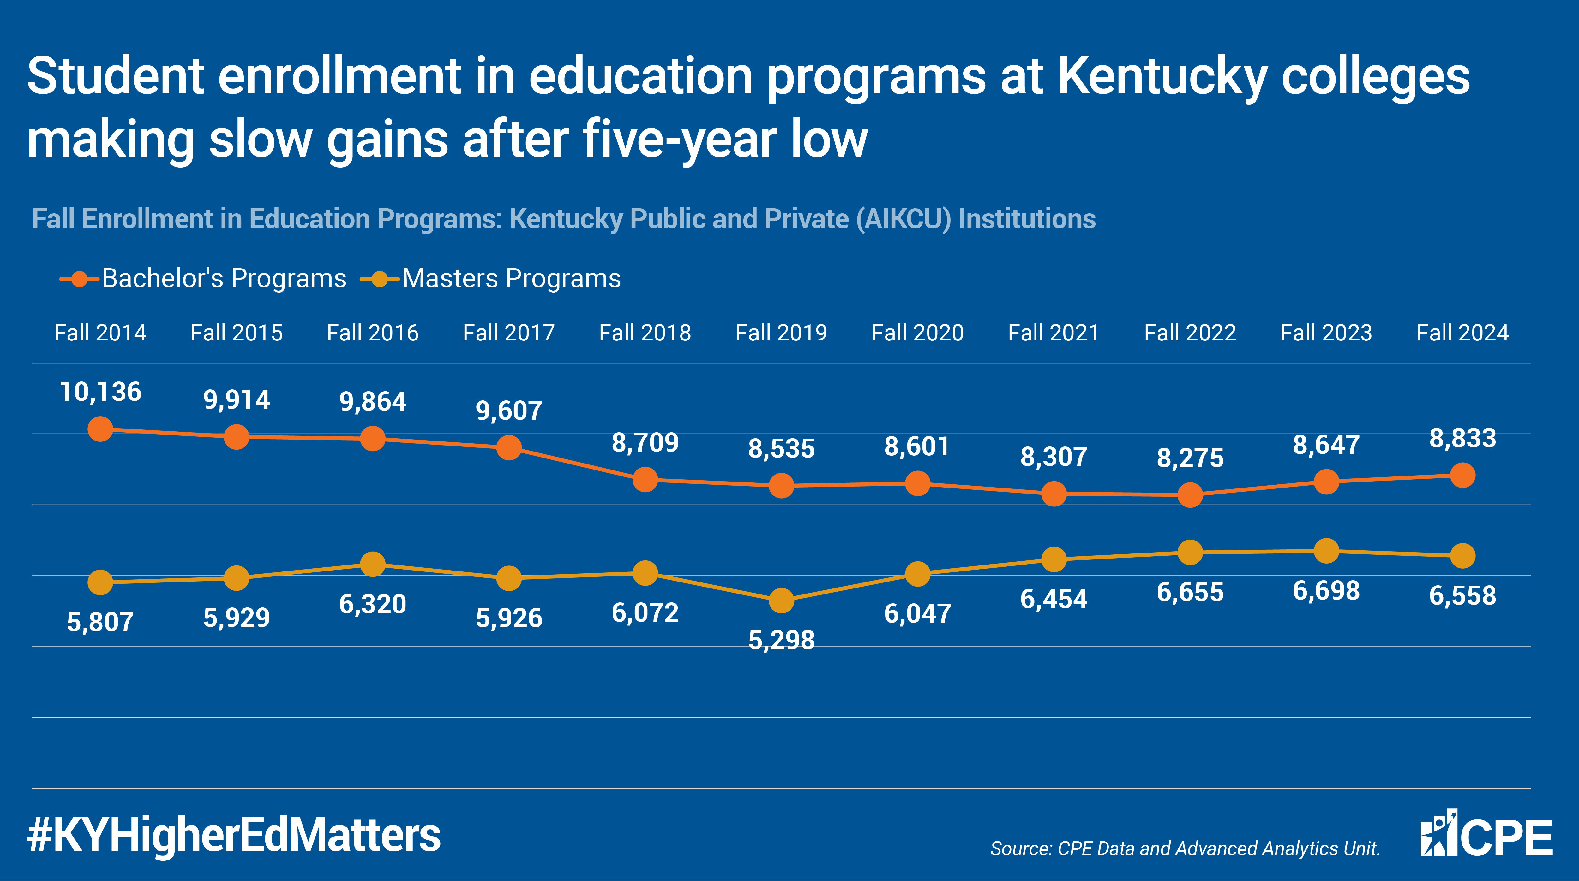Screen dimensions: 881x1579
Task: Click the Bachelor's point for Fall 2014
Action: point(100,429)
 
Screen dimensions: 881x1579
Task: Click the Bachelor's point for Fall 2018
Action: point(645,480)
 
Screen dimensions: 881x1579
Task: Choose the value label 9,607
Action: point(509,411)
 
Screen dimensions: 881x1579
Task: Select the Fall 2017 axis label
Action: point(509,333)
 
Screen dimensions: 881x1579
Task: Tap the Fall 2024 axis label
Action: point(1462,333)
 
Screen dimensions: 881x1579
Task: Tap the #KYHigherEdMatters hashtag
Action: point(234,836)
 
